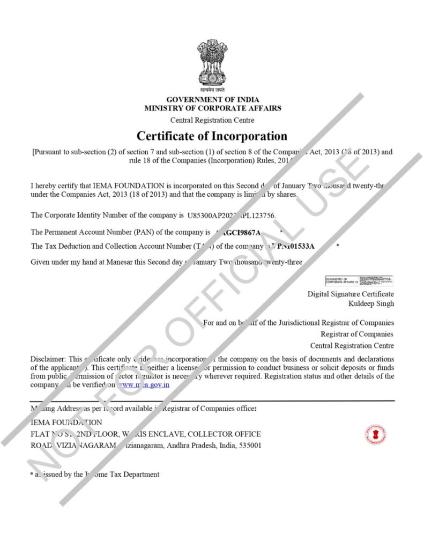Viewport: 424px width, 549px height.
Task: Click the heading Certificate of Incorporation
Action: tap(212, 136)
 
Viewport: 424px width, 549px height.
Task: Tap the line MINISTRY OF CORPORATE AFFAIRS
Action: tap(212, 108)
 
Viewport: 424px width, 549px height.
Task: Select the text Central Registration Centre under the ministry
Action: tap(212, 120)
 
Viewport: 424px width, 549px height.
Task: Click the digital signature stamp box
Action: tap(359, 280)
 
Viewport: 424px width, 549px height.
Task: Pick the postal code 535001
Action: tap(250, 445)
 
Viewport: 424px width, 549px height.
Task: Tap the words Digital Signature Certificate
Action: tap(351, 294)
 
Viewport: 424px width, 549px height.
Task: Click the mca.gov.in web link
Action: tap(144, 384)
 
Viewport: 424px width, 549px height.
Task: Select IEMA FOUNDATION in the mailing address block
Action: tap(66, 422)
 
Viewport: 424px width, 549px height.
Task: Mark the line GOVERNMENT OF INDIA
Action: tap(212, 100)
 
